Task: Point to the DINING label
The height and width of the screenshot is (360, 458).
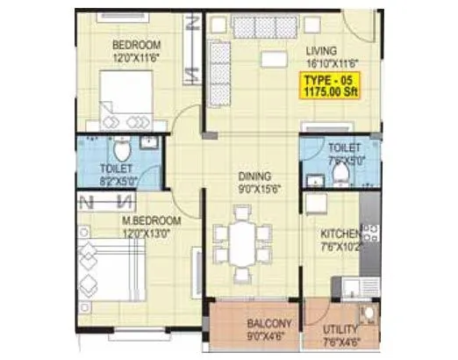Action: tap(254, 176)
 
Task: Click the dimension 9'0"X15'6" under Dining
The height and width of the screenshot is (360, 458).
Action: tap(255, 188)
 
